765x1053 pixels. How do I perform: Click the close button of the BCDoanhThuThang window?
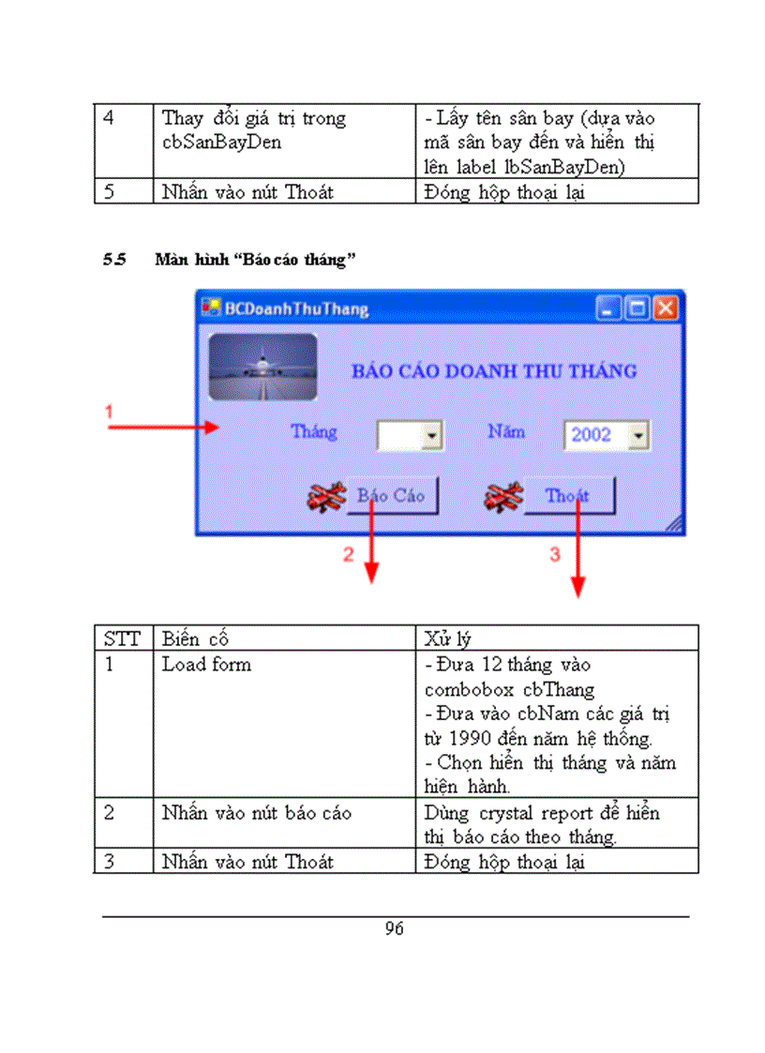pos(665,308)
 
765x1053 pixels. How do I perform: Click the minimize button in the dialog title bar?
pos(609,308)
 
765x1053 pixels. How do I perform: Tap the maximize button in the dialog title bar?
pos(637,308)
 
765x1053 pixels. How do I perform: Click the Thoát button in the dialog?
pos(568,496)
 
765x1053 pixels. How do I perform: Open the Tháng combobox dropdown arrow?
pos(432,435)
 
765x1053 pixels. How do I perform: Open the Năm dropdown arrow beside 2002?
pos(637,435)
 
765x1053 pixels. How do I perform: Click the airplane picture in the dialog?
pos(262,367)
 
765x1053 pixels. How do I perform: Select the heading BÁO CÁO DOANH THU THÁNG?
pos(493,370)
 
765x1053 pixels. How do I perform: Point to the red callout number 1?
pos(109,412)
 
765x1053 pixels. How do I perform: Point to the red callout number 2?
pos(348,554)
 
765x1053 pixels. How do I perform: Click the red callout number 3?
pos(554,554)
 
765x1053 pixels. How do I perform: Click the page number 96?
pos(394,929)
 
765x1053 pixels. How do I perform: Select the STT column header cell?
pos(122,639)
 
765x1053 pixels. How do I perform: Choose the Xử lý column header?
pos(447,639)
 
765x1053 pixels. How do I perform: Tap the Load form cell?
pos(206,665)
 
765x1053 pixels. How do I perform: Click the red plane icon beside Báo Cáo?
pos(327,498)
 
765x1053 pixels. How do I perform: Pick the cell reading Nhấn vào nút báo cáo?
pos(256,813)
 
